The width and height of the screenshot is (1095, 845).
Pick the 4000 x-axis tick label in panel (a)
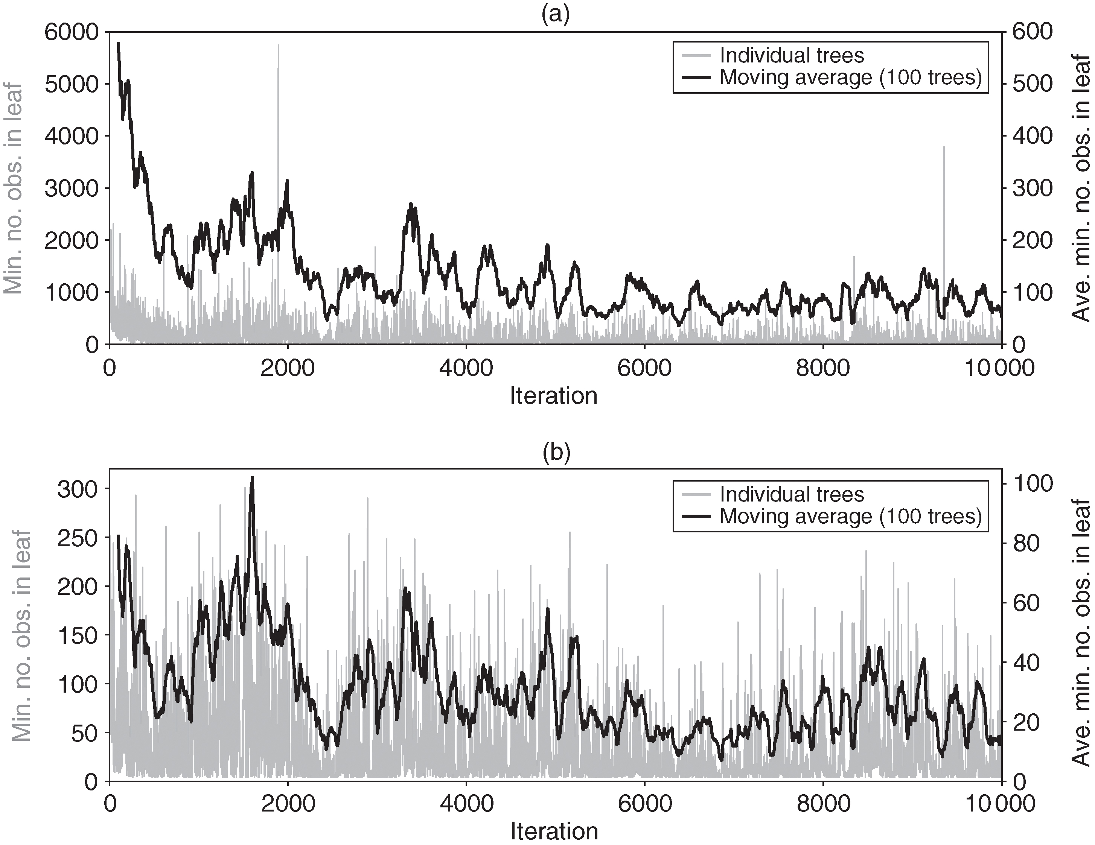[x=466, y=368]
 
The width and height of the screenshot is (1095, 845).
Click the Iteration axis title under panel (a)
[x=553, y=396]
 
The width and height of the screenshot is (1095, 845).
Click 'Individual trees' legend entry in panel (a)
[x=792, y=55]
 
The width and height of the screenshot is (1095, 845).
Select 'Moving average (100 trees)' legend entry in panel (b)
[x=850, y=516]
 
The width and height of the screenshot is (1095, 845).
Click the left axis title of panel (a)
[x=14, y=188]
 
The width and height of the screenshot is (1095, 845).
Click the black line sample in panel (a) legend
[x=696, y=78]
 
